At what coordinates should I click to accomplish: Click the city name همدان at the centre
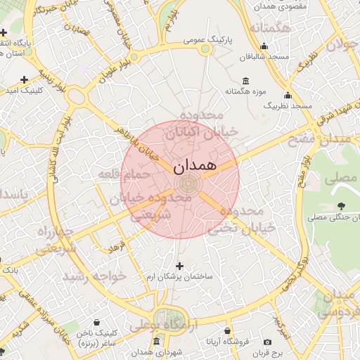click(x=189, y=167)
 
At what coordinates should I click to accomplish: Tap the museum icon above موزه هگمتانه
click(x=245, y=80)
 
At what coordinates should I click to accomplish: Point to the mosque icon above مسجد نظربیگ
click(x=287, y=95)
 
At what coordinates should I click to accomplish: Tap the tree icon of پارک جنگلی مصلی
click(x=341, y=205)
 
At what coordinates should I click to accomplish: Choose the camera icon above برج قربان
click(x=286, y=342)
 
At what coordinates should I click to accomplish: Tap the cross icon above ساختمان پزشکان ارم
click(x=180, y=266)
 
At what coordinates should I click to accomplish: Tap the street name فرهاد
click(x=116, y=247)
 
